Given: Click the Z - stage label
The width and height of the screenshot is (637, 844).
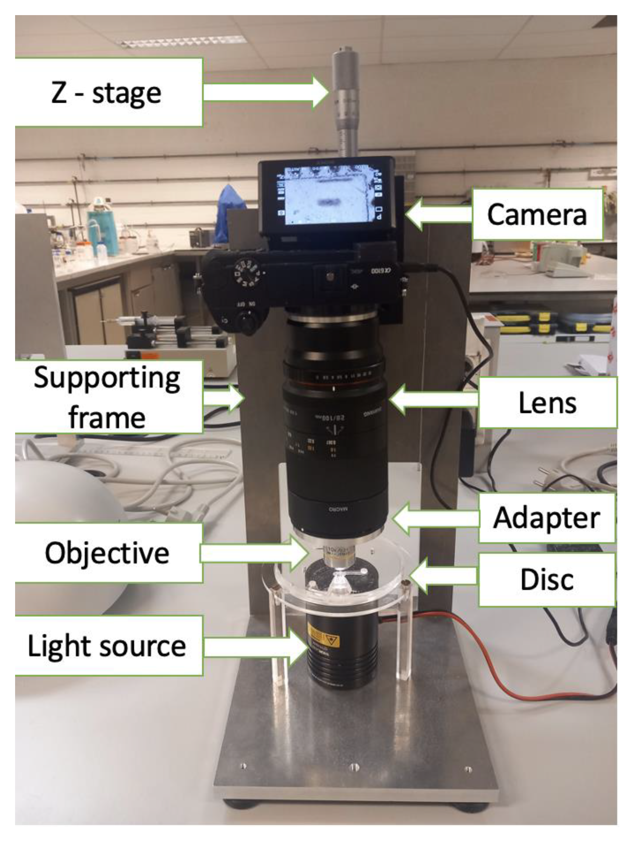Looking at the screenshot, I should (x=107, y=92).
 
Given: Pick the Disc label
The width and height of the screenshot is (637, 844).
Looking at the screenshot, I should (x=547, y=579).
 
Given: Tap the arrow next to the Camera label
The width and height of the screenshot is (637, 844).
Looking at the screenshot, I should (x=439, y=214).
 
